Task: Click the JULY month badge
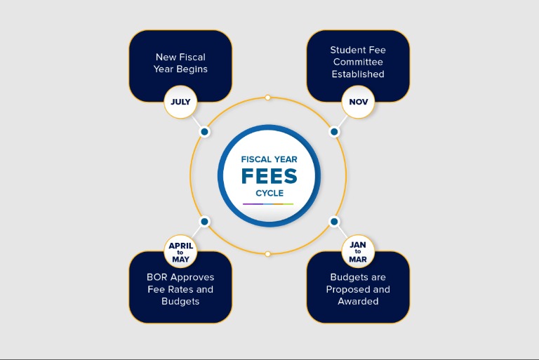[x=180, y=102]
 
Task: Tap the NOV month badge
[x=358, y=102]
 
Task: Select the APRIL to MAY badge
[x=180, y=252]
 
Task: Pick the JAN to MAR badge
[x=358, y=252]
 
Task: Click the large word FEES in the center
[x=269, y=176]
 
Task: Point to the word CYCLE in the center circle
[x=269, y=193]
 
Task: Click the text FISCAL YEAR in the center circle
[x=269, y=159]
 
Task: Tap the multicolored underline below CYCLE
[x=268, y=204]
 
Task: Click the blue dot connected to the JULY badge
[x=204, y=132]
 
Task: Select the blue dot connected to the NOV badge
[x=334, y=132]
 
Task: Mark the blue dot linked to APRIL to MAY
[x=204, y=222]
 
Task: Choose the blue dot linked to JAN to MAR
[x=334, y=222]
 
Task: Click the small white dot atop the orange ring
[x=268, y=98]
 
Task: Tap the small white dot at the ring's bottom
[x=268, y=254]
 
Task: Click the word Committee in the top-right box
[x=358, y=62]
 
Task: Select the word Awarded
[x=358, y=301]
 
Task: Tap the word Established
[x=358, y=74]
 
